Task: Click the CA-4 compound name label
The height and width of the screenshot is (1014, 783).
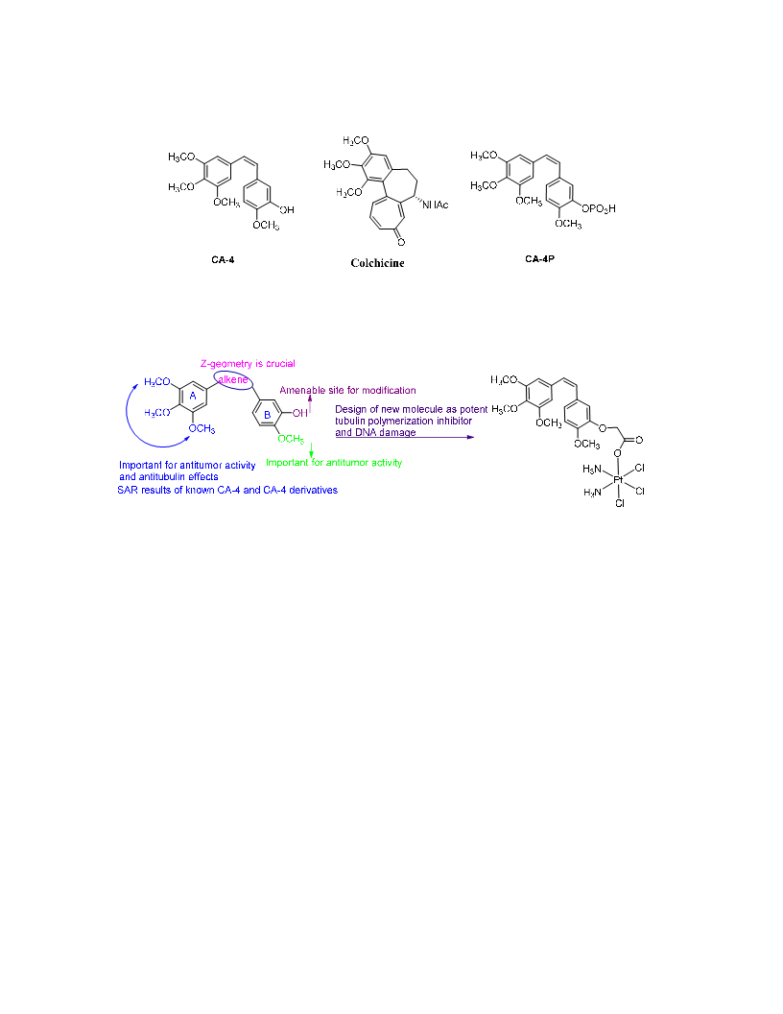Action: [223, 260]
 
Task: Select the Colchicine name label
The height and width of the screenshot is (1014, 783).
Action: [377, 263]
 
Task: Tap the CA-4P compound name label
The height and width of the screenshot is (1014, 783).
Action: [539, 258]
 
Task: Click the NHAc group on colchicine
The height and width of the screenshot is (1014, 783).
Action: [435, 205]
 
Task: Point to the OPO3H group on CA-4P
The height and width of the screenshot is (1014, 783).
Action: [598, 209]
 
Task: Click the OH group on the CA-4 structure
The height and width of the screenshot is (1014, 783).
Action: [287, 209]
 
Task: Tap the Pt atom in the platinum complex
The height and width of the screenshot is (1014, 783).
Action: [618, 479]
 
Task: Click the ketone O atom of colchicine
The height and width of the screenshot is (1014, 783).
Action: [401, 242]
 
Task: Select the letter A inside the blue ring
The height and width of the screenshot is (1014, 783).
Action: [193, 396]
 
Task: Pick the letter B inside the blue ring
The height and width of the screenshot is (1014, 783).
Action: [267, 415]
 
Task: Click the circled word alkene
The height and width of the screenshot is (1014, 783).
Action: [232, 379]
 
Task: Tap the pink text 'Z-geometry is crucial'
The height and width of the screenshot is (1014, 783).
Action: [248, 363]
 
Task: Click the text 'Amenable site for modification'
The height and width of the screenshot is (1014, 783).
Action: [347, 390]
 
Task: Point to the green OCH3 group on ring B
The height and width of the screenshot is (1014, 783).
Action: [291, 439]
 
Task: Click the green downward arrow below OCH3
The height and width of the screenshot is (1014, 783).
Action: [312, 450]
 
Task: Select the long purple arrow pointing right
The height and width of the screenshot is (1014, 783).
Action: [404, 437]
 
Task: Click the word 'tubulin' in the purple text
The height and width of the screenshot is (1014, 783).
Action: [349, 421]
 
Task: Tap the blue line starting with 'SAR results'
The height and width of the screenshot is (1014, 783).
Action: [227, 490]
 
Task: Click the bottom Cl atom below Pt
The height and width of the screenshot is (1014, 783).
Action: [620, 503]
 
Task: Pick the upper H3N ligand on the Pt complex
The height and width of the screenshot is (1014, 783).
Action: [592, 470]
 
